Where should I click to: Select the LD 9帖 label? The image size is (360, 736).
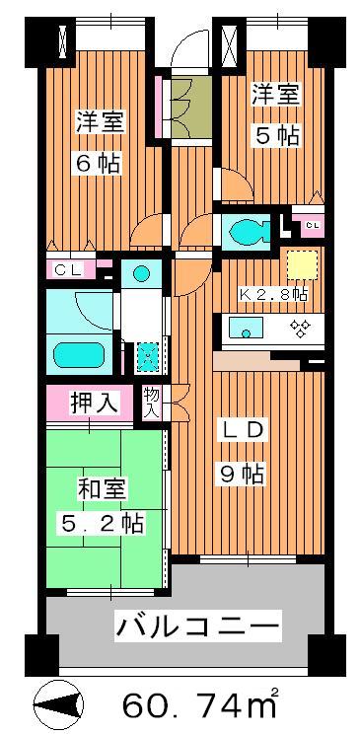[x=241, y=451]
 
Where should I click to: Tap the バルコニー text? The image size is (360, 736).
[x=198, y=626]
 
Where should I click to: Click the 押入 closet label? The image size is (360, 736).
[x=95, y=403]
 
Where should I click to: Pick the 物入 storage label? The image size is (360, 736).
[x=152, y=402]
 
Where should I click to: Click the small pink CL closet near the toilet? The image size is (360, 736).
[x=311, y=226]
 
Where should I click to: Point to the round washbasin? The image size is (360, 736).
[x=141, y=273]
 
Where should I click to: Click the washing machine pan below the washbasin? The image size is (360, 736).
[x=147, y=354]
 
